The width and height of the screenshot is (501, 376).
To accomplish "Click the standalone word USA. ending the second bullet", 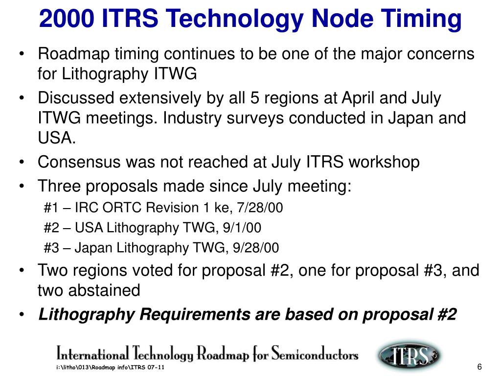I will [x=57, y=139].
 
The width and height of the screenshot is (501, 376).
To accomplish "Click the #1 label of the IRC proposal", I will [x=51, y=208].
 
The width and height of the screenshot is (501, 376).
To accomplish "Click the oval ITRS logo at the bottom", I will [x=409, y=354].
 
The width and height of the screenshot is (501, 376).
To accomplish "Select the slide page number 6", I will [x=479, y=368].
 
